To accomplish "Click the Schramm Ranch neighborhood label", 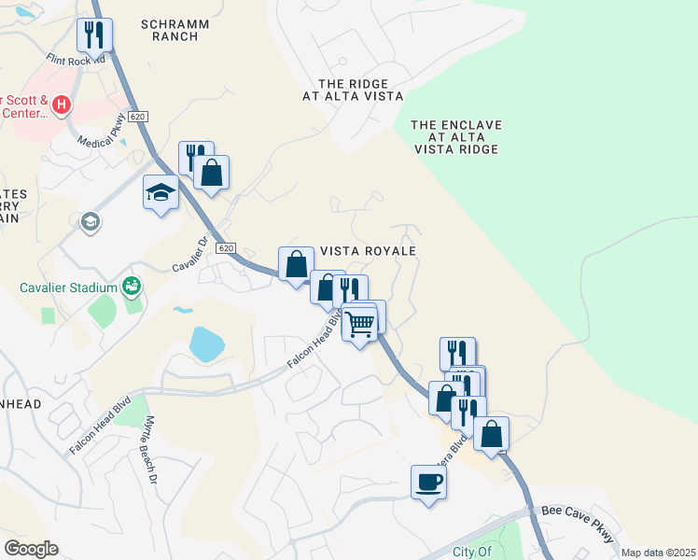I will [x=170, y=29].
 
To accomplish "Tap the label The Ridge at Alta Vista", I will [x=353, y=89].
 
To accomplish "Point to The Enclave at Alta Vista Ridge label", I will [x=456, y=136].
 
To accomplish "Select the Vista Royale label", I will [x=367, y=251].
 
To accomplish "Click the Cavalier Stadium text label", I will [x=69, y=287].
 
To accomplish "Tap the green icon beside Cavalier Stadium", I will [x=132, y=284].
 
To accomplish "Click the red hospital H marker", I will [x=62, y=105].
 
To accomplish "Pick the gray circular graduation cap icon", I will [x=91, y=222].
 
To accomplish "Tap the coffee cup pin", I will [x=428, y=482].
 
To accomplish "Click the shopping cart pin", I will [x=359, y=324].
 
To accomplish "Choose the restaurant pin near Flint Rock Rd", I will [x=94, y=35].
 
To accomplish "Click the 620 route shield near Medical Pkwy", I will [x=138, y=116].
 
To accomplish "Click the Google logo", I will [x=31, y=548].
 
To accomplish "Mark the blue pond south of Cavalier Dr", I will [x=206, y=343].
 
